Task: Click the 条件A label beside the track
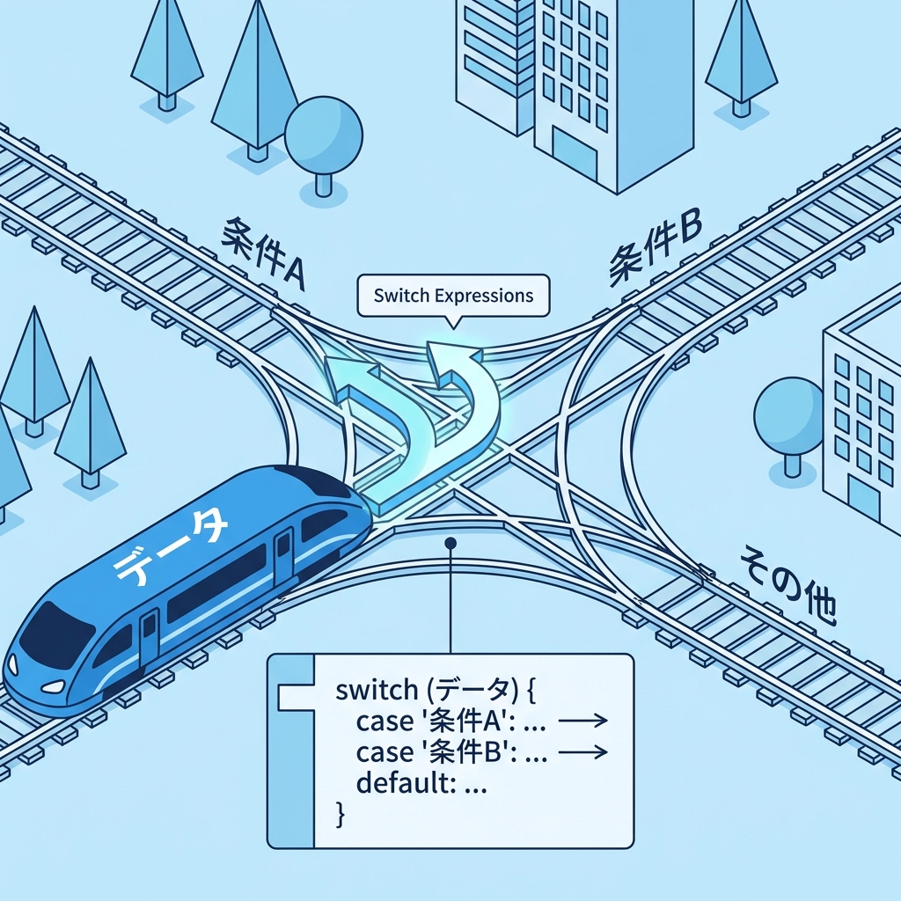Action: [x=262, y=252]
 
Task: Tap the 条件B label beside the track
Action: [x=654, y=248]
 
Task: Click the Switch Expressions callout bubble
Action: [x=453, y=296]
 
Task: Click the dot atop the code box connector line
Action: [x=450, y=543]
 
